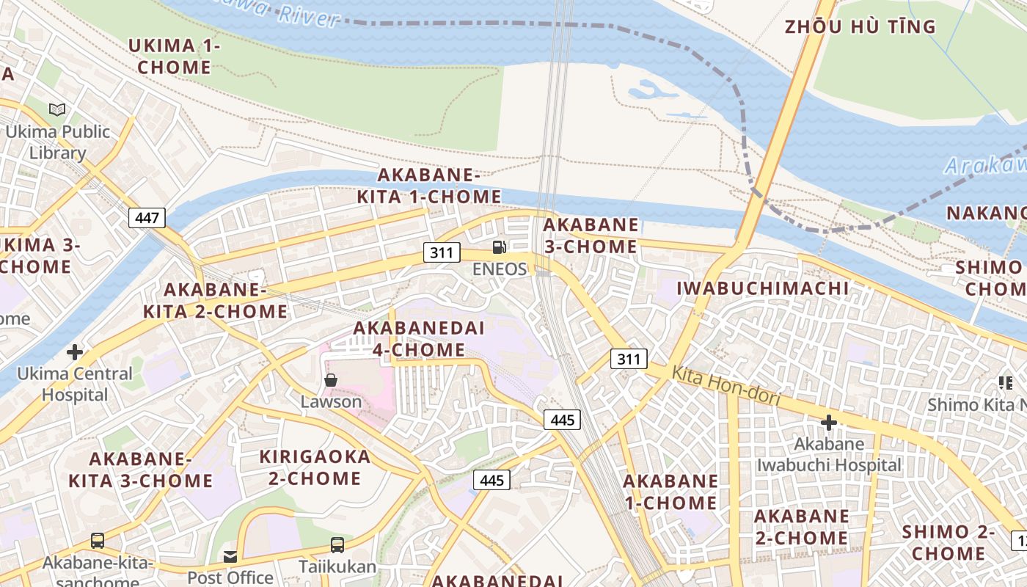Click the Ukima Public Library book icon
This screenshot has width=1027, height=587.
click(57, 110)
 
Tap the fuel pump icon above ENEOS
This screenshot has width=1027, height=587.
click(500, 247)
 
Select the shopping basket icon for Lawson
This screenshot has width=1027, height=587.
click(331, 379)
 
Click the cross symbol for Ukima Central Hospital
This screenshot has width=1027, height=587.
click(74, 352)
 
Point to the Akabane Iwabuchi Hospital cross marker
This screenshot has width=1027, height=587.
click(828, 423)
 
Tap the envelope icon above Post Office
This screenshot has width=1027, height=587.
click(230, 556)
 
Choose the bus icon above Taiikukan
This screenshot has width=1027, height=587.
click(337, 545)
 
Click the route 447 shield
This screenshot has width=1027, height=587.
click(147, 217)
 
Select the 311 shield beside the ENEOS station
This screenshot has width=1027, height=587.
click(441, 252)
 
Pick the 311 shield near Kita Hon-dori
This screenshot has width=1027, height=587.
click(629, 359)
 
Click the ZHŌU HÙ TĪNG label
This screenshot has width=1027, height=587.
click(860, 27)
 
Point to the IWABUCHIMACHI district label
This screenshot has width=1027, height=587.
click(762, 288)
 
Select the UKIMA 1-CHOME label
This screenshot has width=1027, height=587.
click(174, 56)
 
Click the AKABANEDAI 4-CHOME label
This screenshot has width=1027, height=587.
click(418, 339)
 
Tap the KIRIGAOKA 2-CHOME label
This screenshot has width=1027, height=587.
click(315, 467)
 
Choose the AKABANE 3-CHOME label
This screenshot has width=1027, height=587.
click(591, 236)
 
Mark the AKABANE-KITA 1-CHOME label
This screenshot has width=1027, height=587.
click(429, 186)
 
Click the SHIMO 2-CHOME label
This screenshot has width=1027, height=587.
click(949, 542)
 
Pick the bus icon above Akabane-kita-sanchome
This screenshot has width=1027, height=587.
click(98, 541)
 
